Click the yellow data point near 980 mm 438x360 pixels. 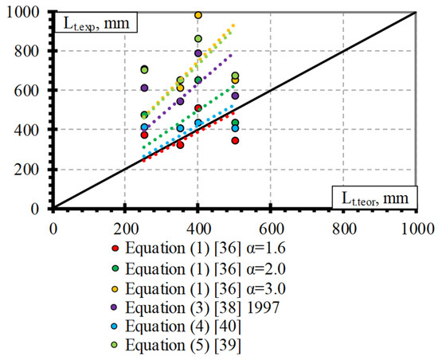coord(198,15)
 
